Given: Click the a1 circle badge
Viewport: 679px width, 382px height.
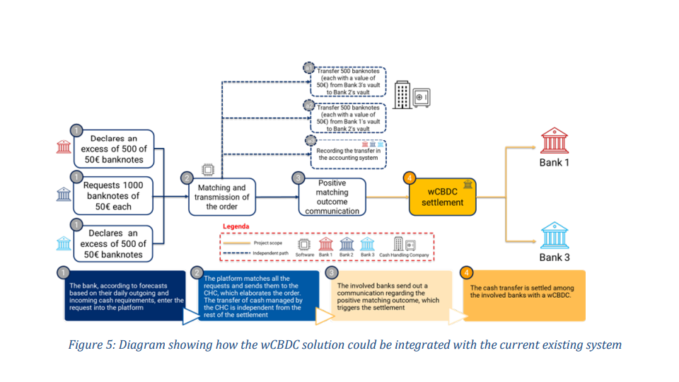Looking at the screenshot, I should pos(309,68).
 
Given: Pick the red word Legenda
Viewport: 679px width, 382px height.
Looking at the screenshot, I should pos(236,227).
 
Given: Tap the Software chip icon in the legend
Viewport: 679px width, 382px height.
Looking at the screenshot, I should pos(305,244).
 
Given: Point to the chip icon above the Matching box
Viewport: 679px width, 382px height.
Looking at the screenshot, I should pos(208,169).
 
